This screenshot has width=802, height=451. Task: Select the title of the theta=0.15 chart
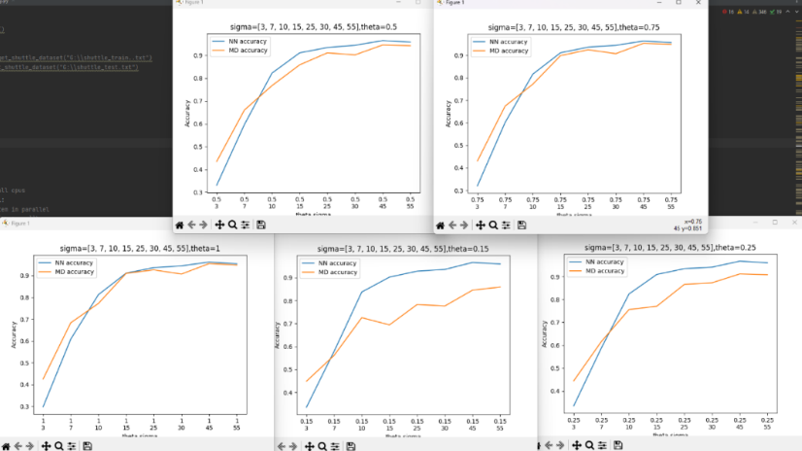coord(406,249)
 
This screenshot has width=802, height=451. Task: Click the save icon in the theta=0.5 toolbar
coord(259,225)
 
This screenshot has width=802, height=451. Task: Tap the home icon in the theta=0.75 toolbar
coord(440,225)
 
